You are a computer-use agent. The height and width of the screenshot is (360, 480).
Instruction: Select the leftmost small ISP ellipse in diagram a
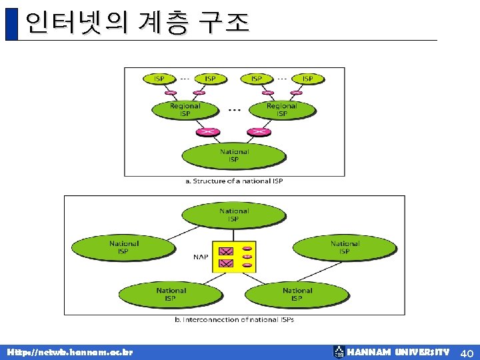[159, 79]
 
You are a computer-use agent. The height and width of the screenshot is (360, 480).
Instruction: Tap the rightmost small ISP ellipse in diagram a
[307, 79]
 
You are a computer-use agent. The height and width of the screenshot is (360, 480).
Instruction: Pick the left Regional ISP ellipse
[185, 109]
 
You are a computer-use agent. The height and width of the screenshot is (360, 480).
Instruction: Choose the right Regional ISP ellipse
[282, 109]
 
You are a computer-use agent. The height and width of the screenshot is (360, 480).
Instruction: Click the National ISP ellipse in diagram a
[233, 155]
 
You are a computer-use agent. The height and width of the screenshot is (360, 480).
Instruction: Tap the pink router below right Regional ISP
[259, 131]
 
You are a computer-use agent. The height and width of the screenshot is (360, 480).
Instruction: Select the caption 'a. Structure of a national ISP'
[234, 181]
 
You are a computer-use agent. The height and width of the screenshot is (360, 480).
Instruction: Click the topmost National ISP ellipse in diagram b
[233, 215]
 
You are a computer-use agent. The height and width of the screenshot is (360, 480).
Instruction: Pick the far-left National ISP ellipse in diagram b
[124, 247]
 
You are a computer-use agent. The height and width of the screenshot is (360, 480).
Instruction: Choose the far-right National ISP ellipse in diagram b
[344, 247]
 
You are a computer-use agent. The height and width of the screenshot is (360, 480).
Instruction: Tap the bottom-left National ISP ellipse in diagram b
[171, 294]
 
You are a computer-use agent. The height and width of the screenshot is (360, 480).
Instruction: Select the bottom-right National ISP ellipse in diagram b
[297, 294]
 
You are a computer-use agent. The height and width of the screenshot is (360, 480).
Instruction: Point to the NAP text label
[201, 256]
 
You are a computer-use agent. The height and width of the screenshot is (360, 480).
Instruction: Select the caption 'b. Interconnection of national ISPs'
[234, 320]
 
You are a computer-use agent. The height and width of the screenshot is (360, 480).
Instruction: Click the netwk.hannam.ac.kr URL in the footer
[70, 352]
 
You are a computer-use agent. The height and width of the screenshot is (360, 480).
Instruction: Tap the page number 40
[466, 352]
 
